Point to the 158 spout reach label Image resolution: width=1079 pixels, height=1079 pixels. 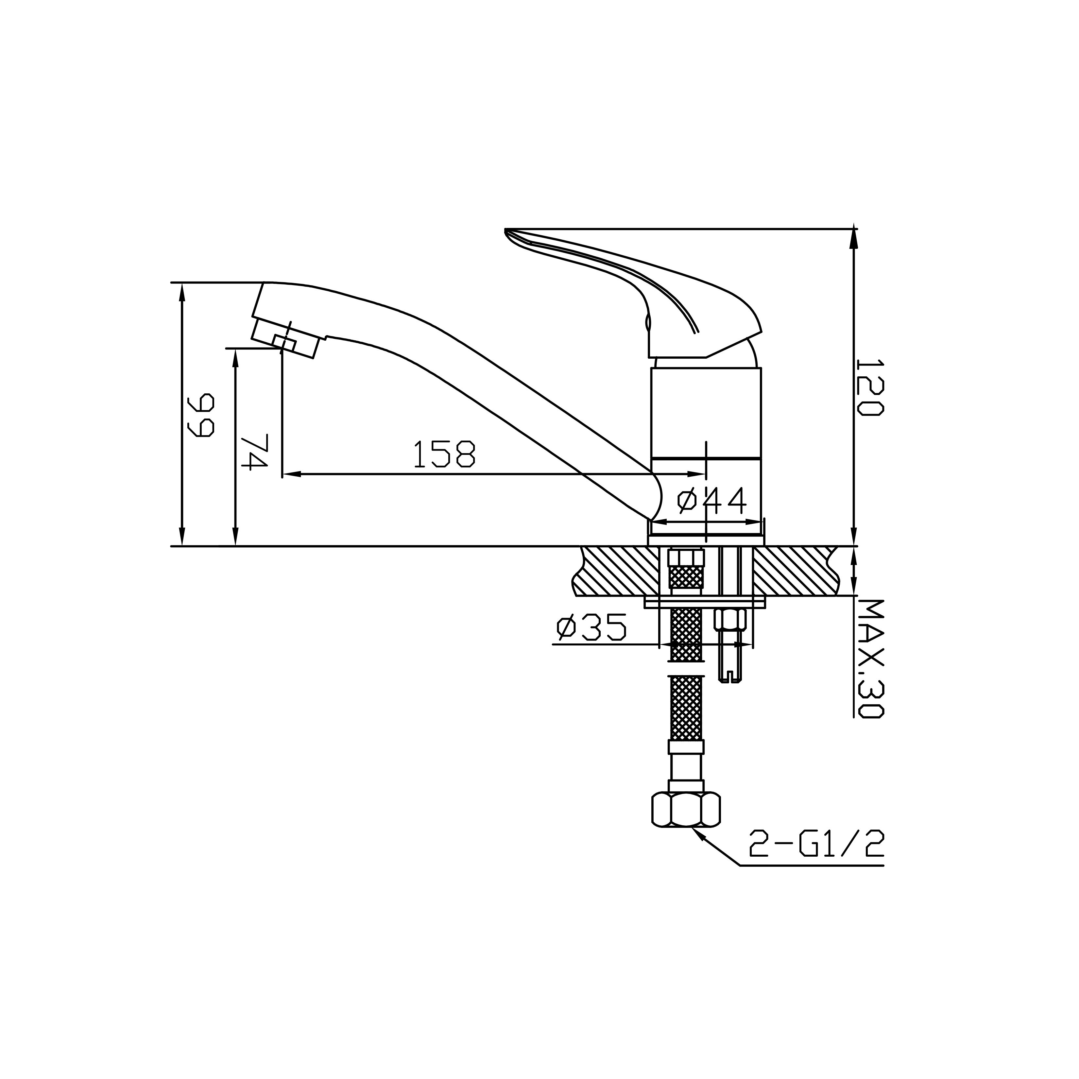(x=444, y=454)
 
